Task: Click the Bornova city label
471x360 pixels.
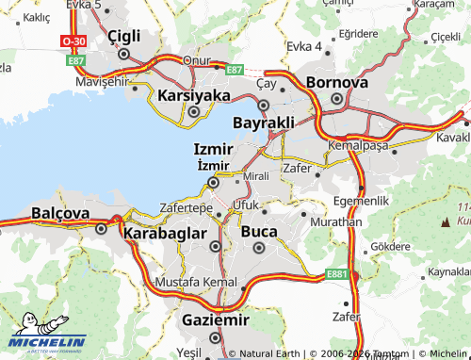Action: [337, 83]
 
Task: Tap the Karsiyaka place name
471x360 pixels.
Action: [194, 95]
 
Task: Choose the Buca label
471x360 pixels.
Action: [259, 231]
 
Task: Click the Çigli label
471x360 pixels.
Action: [123, 36]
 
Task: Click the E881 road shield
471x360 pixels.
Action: [338, 274]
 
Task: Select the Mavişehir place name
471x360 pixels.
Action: [101, 82]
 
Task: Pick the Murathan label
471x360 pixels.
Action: [333, 221]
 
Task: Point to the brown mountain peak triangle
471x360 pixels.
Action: [446, 222]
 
